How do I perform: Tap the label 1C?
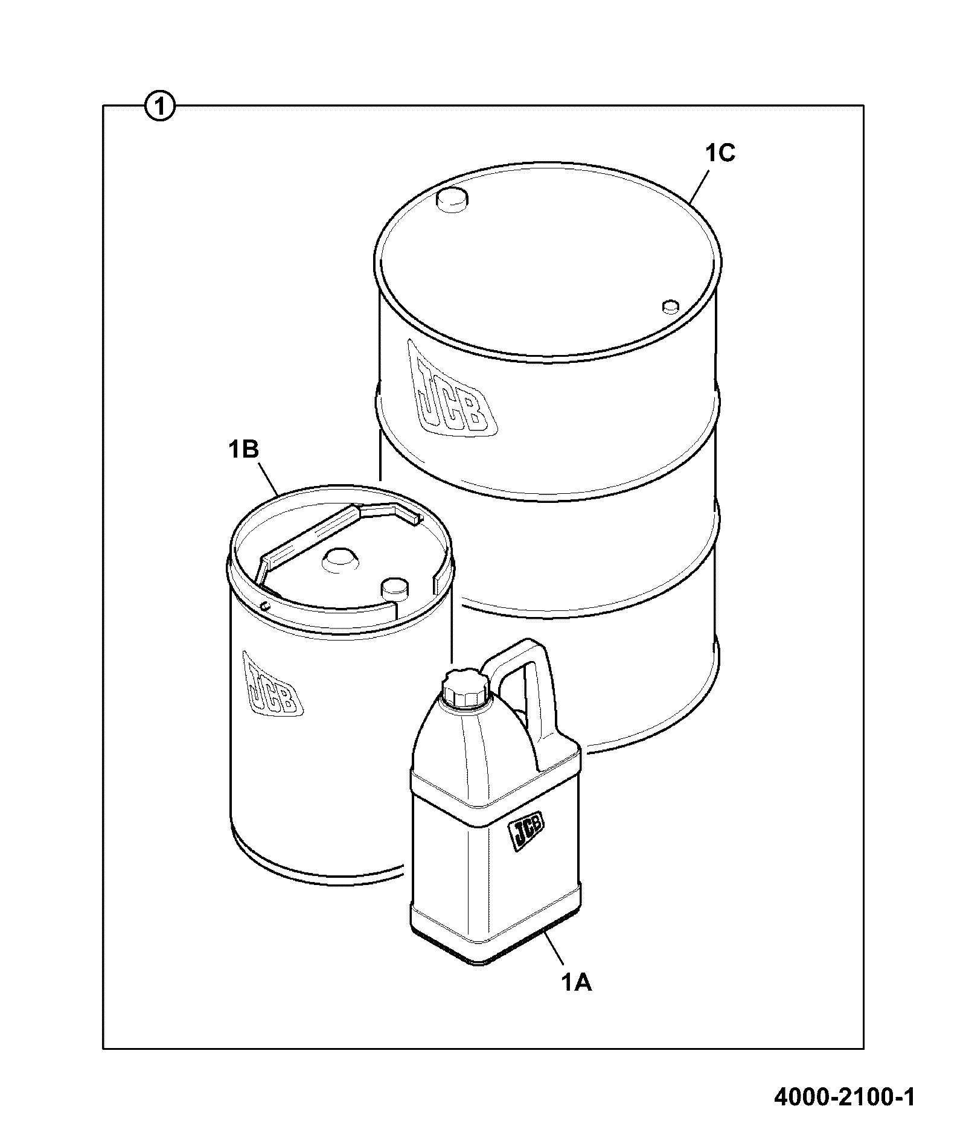click(x=720, y=153)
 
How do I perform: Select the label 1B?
click(x=243, y=450)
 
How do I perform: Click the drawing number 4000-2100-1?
click(x=844, y=1097)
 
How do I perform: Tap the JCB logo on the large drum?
click(x=450, y=392)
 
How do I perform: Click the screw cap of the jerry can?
click(x=465, y=688)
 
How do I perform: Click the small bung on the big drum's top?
click(x=670, y=306)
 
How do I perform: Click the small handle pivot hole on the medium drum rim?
click(x=264, y=606)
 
